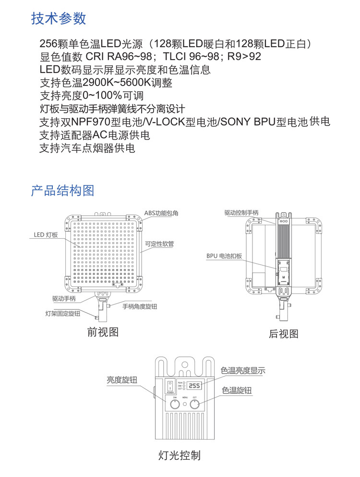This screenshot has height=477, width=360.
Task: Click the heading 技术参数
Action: tap(59, 18)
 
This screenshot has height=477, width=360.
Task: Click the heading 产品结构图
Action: tap(62, 190)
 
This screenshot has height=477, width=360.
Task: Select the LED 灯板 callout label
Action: tap(46, 235)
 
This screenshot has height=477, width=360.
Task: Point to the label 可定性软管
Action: tap(159, 244)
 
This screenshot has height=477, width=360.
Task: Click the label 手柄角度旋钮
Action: tap(140, 306)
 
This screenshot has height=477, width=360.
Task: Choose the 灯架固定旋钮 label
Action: tap(63, 314)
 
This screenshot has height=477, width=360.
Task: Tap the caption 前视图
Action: tap(103, 332)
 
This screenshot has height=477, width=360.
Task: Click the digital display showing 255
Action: tap(194, 386)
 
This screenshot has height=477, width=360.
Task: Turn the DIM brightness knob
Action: tap(175, 404)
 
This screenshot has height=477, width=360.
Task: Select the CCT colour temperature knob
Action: tap(194, 404)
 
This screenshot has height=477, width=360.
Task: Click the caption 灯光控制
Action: tap(180, 455)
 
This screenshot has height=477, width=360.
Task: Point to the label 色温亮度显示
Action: tap(243, 371)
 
